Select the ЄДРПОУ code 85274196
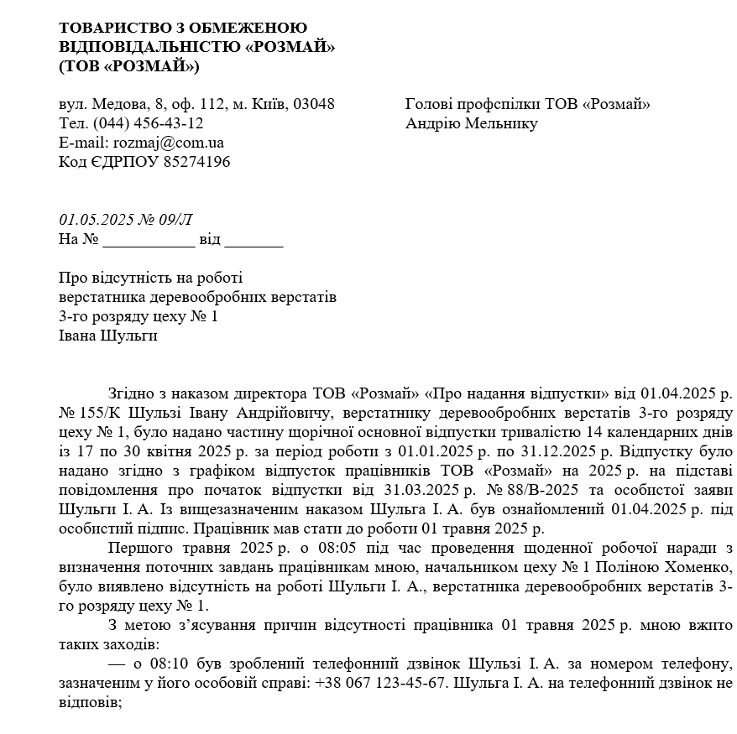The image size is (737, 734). (x=198, y=162)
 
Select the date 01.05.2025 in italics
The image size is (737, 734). (x=94, y=221)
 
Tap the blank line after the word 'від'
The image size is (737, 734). (x=254, y=241)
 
